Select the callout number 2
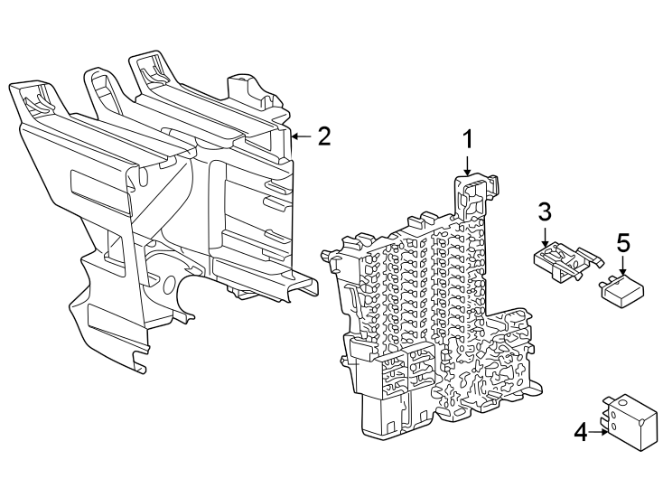[324, 136]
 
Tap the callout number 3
[545, 211]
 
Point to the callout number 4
[581, 432]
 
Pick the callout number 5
[623, 243]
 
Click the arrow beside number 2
[302, 136]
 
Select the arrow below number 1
[467, 165]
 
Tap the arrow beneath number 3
[545, 237]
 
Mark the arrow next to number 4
[599, 432]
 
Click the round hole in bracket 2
[169, 283]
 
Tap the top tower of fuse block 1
[476, 194]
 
